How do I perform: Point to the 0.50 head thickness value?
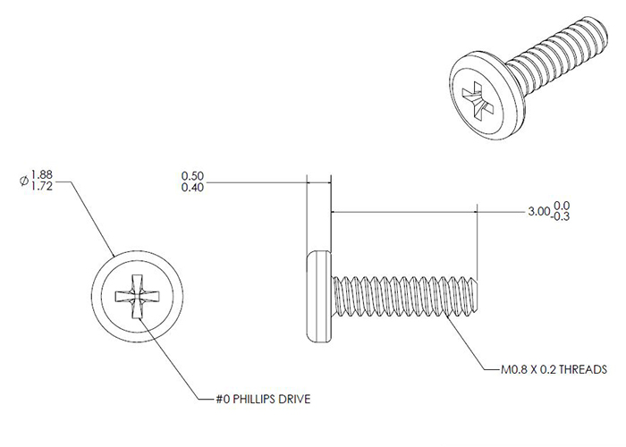(192, 175)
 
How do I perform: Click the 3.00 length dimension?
(538, 212)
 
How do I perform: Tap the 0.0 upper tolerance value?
(563, 207)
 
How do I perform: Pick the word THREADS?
(585, 368)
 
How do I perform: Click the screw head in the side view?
(320, 296)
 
